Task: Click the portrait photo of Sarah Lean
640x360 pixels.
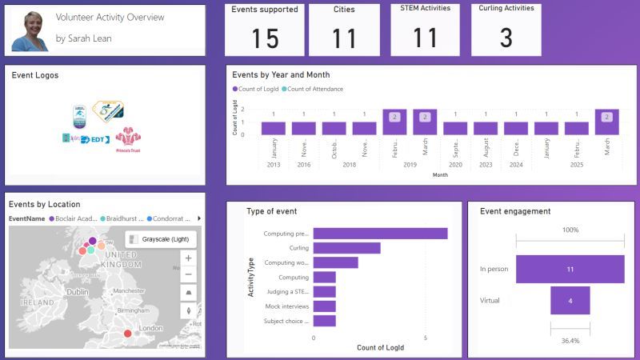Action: coord(30,30)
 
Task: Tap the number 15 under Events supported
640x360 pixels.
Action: coord(265,38)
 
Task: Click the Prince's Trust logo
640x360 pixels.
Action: coord(127,138)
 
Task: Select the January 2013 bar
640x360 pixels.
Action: coord(274,128)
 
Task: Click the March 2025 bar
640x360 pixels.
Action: coord(607,122)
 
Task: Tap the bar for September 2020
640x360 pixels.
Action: coord(455,128)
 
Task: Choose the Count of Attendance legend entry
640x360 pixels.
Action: coord(314,89)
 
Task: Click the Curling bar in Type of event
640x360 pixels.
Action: coord(346,248)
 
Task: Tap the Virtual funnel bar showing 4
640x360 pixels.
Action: coord(570,301)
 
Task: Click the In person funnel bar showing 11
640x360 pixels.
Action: coord(570,270)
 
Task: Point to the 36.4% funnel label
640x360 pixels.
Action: coord(570,341)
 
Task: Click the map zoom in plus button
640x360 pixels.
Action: coord(188,258)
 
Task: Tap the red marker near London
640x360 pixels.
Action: coord(127,334)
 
